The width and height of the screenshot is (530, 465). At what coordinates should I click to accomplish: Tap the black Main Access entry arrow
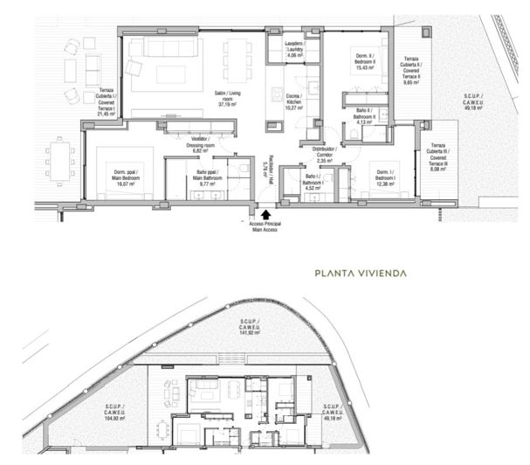click(266, 212)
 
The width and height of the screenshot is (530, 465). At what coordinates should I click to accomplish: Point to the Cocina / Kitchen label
click(294, 102)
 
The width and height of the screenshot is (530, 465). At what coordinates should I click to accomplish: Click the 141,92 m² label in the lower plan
click(252, 332)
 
